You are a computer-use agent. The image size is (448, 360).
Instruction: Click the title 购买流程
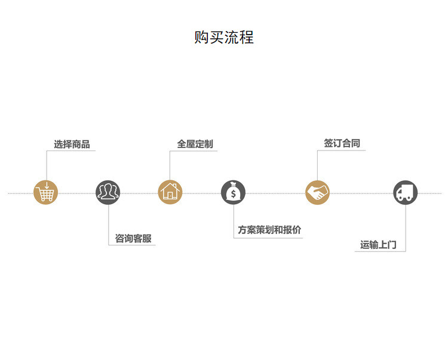(224, 37)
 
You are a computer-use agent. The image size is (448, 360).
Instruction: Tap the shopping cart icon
(45, 192)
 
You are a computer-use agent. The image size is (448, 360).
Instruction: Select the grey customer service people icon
(108, 192)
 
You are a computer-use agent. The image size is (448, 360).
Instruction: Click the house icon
(170, 192)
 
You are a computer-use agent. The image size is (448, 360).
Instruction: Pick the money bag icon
(233, 192)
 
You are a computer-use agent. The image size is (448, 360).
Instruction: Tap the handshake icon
(318, 192)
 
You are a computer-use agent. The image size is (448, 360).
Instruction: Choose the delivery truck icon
(405, 192)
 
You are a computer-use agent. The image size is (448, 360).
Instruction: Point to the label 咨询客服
(133, 239)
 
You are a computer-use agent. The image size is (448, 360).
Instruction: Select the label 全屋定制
(195, 144)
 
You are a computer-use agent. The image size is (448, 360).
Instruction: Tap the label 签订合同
(342, 143)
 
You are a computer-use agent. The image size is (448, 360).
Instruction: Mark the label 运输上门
(378, 244)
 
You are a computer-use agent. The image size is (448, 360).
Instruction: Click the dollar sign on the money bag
(233, 194)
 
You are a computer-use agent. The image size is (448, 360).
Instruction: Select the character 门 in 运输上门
(392, 244)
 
